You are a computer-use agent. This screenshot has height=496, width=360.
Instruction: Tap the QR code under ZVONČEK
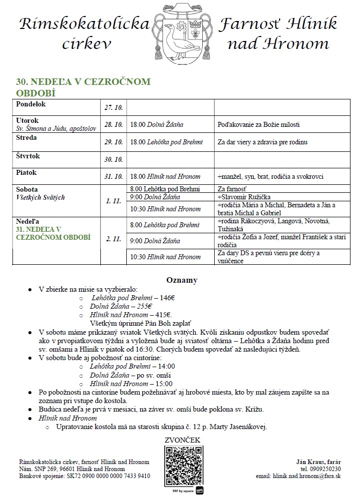point(182,465)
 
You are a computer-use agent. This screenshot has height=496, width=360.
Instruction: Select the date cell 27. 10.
point(113,107)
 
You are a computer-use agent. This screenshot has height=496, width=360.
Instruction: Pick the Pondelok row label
point(31,104)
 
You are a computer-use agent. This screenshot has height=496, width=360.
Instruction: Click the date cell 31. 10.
point(113,176)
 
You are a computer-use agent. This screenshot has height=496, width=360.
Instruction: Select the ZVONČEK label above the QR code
point(182,440)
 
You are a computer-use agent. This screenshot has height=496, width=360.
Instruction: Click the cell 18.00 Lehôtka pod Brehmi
point(166,142)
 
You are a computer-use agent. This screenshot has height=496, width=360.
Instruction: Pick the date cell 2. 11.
point(113,239)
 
